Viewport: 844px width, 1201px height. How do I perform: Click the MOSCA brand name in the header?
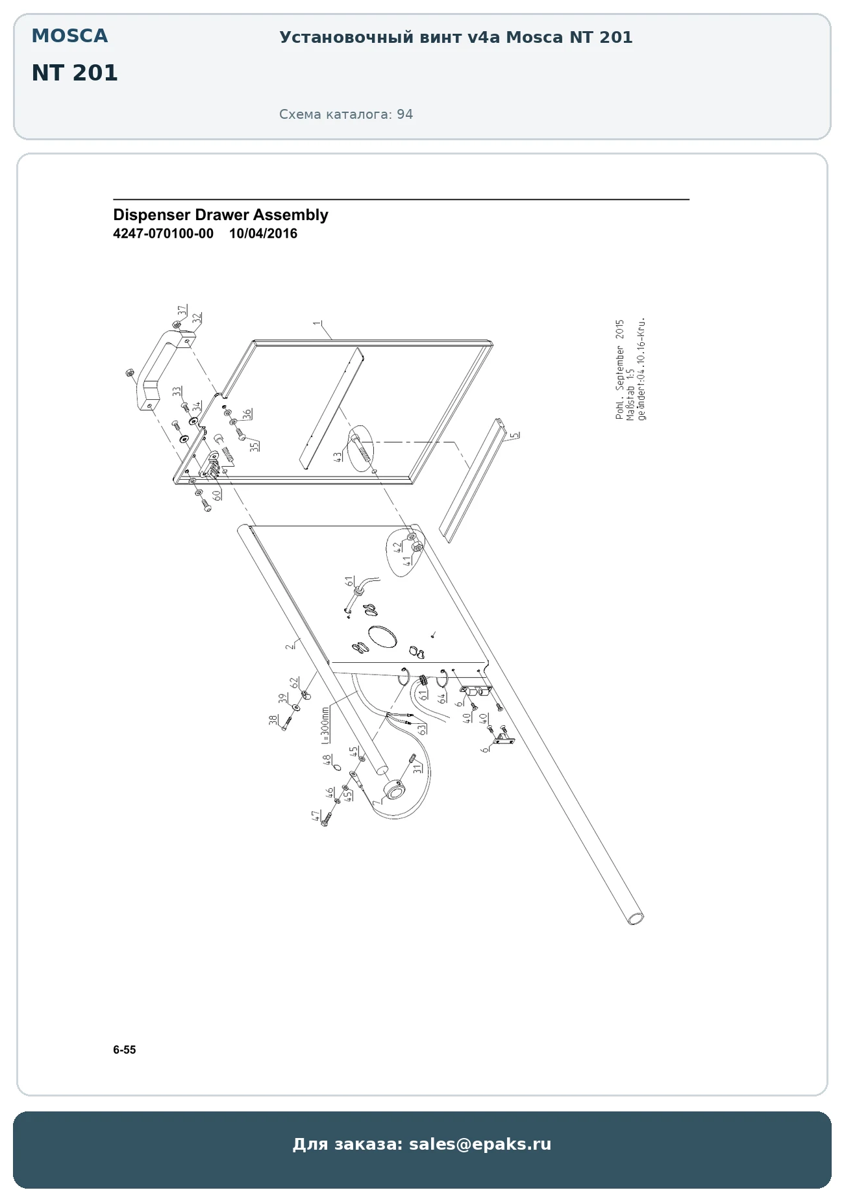69,36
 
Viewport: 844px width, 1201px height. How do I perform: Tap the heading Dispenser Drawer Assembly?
221,215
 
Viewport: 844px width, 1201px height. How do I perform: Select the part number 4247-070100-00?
163,234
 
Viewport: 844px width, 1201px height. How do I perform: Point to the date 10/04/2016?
263,234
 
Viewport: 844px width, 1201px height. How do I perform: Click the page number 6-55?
125,1050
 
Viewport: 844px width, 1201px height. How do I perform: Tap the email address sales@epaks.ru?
480,1144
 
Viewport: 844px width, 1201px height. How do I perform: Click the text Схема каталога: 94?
346,114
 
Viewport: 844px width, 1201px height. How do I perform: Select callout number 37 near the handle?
182,311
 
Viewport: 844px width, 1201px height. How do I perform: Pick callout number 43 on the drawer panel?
338,457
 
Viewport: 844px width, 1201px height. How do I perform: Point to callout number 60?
216,494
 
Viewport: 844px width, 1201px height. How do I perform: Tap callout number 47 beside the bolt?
316,816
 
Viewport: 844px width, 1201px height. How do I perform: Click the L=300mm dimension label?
325,725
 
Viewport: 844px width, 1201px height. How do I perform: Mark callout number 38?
273,720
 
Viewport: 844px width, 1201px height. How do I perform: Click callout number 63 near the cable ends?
423,729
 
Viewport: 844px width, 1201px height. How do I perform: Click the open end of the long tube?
636,918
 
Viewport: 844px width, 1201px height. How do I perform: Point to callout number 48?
328,759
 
